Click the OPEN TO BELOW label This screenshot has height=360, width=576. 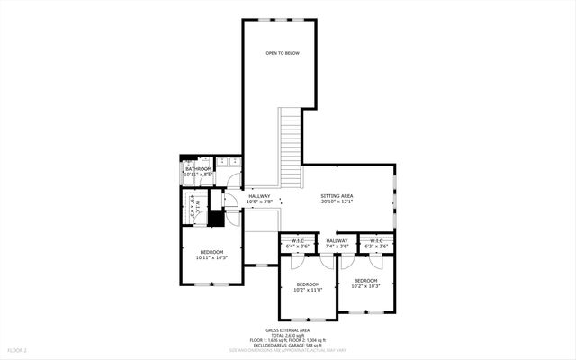(282, 54)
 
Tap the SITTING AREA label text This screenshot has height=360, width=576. (337, 195)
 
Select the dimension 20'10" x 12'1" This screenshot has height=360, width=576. (337, 202)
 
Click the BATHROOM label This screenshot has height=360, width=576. (198, 169)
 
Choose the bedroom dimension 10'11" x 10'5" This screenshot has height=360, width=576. (211, 257)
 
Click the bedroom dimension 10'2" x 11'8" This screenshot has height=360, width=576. (308, 291)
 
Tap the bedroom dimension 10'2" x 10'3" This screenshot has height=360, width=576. (365, 286)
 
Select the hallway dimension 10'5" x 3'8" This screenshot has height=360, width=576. (260, 202)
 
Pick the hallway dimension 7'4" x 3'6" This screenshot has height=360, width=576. (337, 246)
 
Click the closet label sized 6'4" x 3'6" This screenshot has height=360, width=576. (297, 246)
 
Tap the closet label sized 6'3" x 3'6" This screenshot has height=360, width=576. (376, 246)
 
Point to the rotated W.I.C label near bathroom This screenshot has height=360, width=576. (193, 208)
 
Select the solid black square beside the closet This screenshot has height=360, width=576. (215, 217)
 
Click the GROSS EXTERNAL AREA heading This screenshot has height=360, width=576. (287, 330)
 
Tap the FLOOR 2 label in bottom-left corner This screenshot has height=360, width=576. (18, 349)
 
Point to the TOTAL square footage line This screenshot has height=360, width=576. (287, 335)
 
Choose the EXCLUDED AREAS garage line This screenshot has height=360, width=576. (287, 345)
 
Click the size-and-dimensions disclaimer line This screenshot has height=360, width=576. (287, 349)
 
